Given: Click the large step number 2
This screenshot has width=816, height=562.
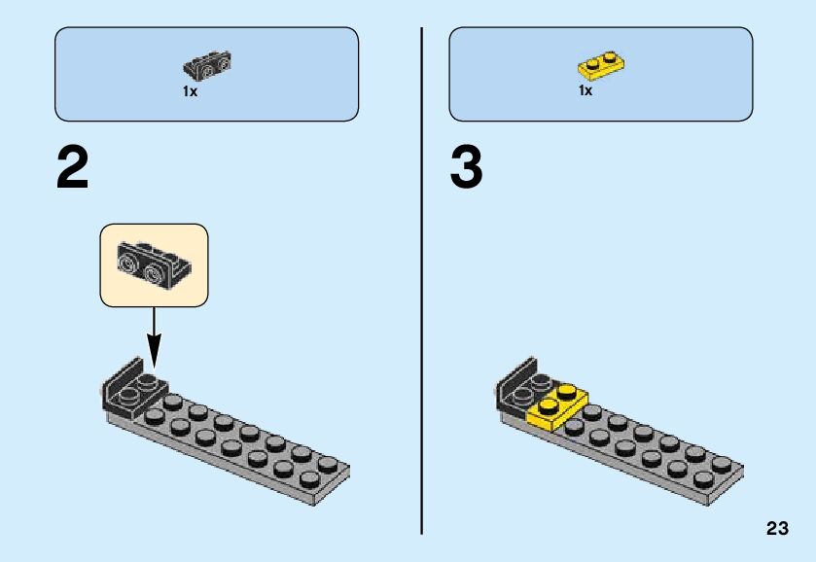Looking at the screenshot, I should pos(73,168).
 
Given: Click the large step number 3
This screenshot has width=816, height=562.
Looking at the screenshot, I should pos(467,168).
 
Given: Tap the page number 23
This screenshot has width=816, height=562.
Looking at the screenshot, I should pos(777,528).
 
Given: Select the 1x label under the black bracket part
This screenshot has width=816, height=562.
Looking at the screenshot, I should pos(190,91).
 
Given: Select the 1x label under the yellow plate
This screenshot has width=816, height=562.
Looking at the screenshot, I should pos(585,90).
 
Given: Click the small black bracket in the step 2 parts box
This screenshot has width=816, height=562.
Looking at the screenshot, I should pos(207,66).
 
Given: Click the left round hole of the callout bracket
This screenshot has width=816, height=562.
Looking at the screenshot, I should pos(130,261).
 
